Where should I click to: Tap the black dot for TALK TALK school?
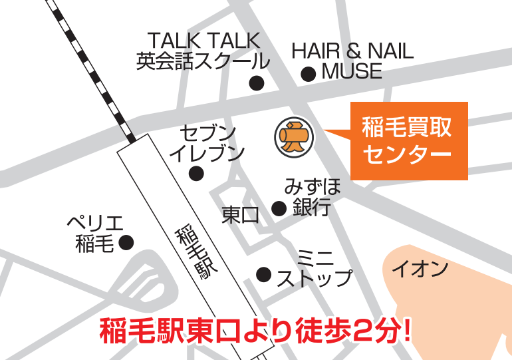(x=256, y=83)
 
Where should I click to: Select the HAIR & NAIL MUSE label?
(x=352, y=61)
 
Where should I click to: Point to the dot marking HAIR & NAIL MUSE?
(x=308, y=75)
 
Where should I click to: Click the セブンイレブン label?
(x=207, y=142)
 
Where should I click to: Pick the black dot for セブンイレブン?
(x=195, y=174)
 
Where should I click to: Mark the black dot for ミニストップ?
(x=264, y=273)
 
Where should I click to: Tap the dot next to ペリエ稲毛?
(x=126, y=243)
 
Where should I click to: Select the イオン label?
(x=420, y=270)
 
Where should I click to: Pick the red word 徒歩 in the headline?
(x=317, y=331)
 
